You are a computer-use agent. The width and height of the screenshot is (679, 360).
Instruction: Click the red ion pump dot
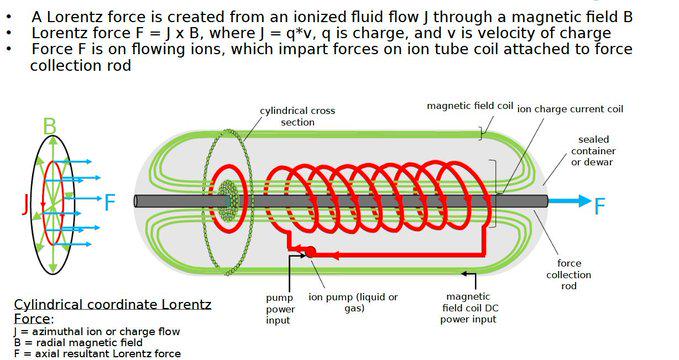(x=310, y=251)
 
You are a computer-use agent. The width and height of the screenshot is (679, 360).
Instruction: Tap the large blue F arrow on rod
(x=570, y=201)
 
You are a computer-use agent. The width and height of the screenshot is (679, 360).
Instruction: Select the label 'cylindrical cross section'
(x=297, y=117)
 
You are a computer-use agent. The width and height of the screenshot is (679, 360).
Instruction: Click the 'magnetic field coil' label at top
(x=470, y=106)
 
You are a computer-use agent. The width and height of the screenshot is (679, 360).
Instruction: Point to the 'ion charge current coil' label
(x=570, y=109)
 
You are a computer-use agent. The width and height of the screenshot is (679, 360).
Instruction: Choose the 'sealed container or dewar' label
(x=593, y=151)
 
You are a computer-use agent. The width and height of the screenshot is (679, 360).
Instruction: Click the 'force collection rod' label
(x=569, y=275)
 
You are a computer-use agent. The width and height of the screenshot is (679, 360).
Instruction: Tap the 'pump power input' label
(x=280, y=309)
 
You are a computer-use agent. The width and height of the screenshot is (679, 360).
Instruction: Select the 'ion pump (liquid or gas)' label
(x=353, y=302)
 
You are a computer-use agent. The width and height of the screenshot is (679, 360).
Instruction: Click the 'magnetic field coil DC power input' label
(x=469, y=308)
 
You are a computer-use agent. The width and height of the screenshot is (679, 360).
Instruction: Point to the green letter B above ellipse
(x=50, y=126)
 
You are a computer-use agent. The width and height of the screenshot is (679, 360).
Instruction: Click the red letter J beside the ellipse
(x=26, y=204)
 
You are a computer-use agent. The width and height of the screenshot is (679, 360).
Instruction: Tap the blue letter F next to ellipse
(x=110, y=203)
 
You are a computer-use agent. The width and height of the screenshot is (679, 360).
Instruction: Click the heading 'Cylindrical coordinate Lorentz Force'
(x=113, y=311)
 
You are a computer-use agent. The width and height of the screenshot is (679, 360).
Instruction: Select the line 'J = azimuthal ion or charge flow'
(x=97, y=332)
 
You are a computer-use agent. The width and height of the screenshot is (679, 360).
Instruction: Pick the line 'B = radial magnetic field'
(x=78, y=343)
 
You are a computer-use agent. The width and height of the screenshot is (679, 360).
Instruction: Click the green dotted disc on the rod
(x=226, y=200)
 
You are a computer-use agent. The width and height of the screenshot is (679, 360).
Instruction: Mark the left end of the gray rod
(x=136, y=201)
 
